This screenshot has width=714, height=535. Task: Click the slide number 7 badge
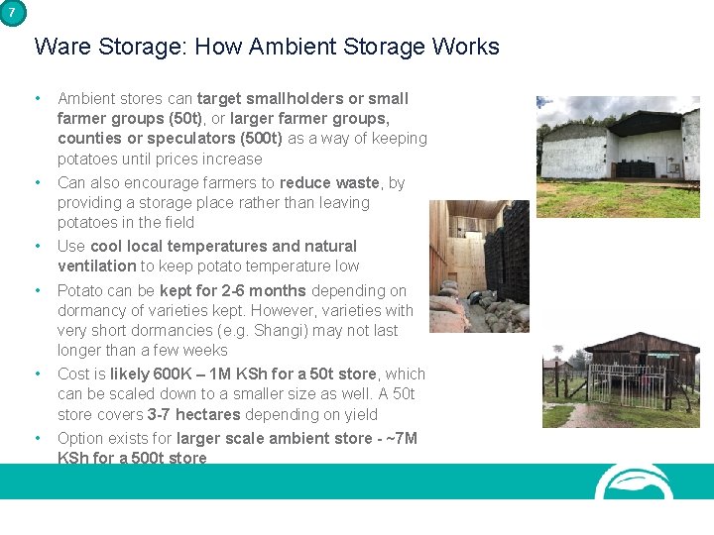[11, 12]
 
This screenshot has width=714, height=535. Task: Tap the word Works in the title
[469, 47]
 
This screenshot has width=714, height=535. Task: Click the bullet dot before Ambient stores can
[38, 98]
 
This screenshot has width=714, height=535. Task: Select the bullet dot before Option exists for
[38, 438]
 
